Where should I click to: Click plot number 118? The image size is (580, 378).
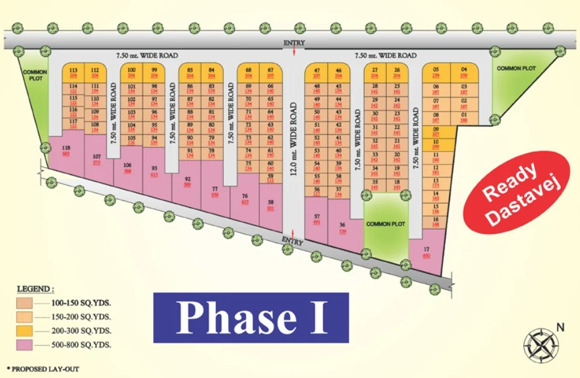click(66, 150)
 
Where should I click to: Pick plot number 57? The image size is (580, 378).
click(317, 219)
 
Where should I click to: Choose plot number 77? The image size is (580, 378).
click(215, 191)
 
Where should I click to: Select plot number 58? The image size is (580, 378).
click(271, 206)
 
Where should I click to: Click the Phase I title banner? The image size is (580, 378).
click(251, 317)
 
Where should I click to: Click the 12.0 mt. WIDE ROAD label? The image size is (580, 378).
click(294, 139)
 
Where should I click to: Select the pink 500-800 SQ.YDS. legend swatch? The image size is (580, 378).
click(25, 345)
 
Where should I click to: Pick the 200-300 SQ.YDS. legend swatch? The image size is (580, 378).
click(25, 331)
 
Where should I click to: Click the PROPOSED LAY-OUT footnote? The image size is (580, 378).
click(42, 368)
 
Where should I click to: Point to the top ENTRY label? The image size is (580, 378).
click(294, 43)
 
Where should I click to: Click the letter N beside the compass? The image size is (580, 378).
click(561, 328)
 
